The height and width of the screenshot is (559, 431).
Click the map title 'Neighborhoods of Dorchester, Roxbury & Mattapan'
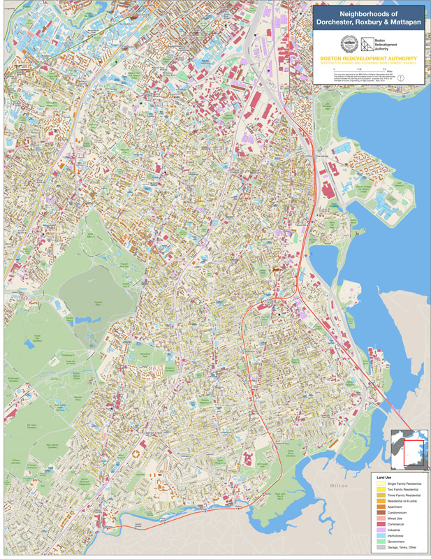point(367,18)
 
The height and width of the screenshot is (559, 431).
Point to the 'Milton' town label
point(339,484)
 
